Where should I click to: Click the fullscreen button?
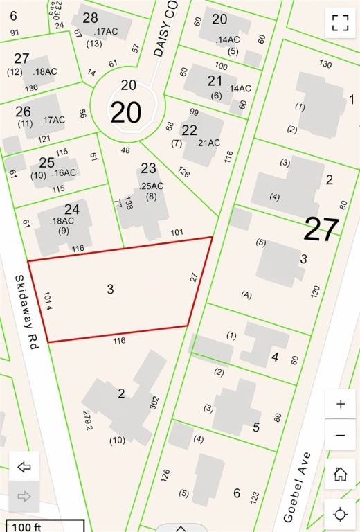[339, 22]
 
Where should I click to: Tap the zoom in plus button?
[340, 405]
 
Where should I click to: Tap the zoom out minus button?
[340, 435]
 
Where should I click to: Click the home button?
[340, 474]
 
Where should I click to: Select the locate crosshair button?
[340, 514]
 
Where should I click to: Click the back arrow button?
[24, 467]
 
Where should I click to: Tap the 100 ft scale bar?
[42, 526]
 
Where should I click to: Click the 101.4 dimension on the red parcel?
[48, 305]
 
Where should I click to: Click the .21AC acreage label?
[208, 143]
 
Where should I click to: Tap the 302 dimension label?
[154, 402]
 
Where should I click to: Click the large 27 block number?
[321, 229]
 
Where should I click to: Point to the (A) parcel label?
[245, 294]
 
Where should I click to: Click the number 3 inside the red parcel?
[110, 289]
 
